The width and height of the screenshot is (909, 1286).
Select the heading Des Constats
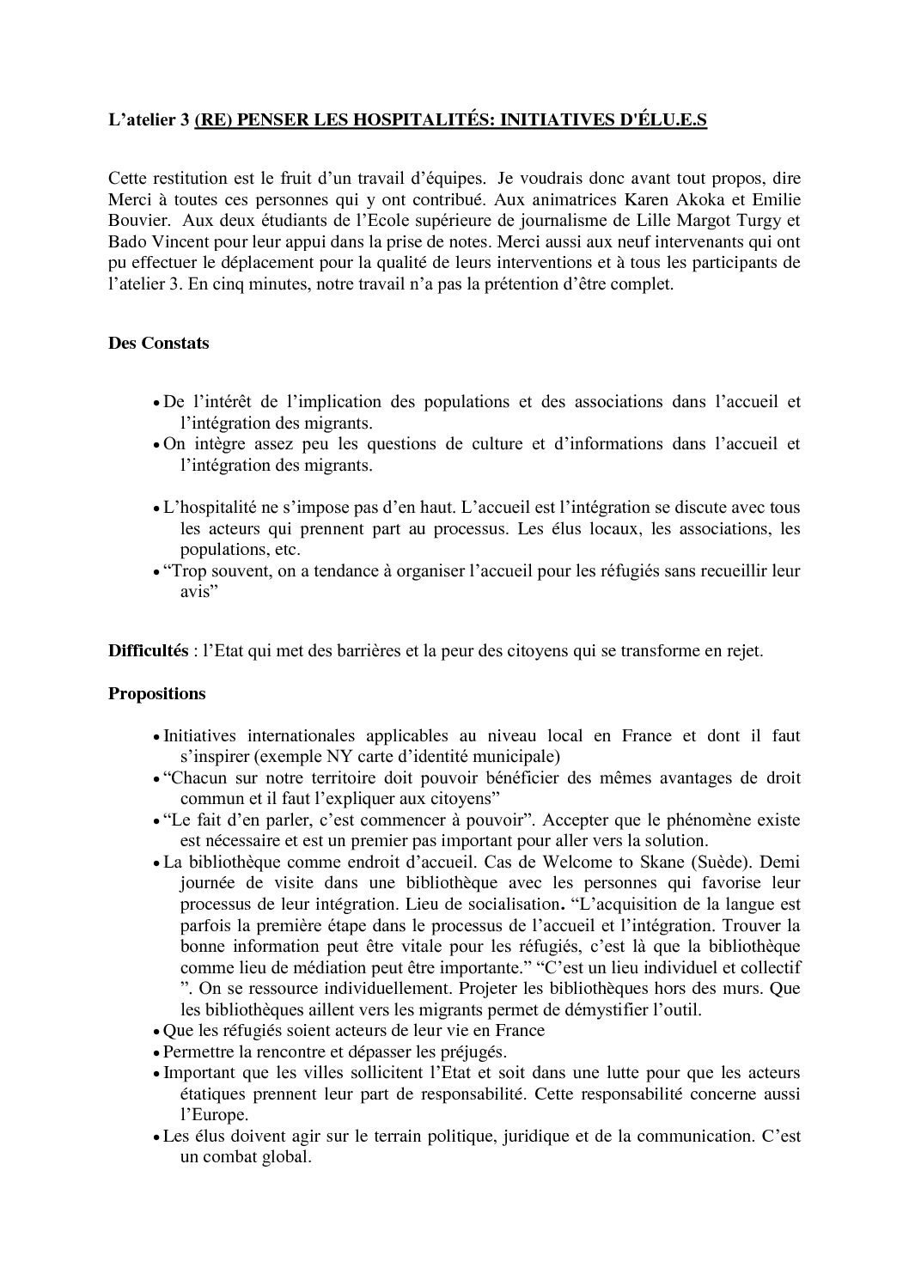click(x=158, y=344)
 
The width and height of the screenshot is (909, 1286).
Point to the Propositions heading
click(x=157, y=693)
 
